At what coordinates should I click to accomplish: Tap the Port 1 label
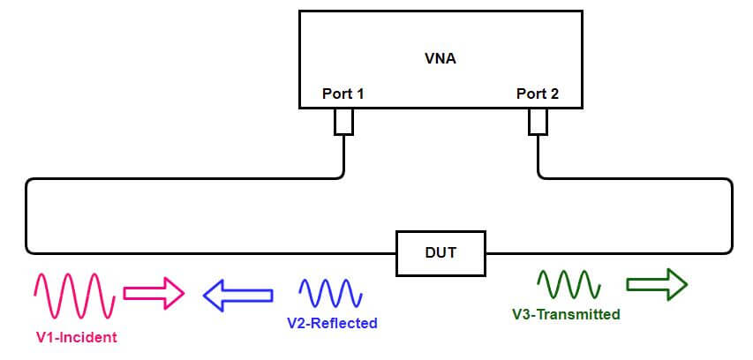[x=342, y=93]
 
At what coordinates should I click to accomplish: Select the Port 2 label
[x=537, y=93]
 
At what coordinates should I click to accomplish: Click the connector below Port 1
[x=343, y=122]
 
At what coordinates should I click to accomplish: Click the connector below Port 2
[x=538, y=122]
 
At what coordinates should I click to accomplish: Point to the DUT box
[x=440, y=253]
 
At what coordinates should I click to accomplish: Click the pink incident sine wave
[x=75, y=296]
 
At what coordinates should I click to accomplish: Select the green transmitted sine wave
[x=569, y=284]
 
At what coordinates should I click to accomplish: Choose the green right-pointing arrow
[x=656, y=284]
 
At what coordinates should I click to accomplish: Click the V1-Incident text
[x=76, y=337]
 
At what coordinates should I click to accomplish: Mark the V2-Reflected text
[x=332, y=324]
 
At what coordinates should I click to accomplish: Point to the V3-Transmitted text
[x=566, y=314]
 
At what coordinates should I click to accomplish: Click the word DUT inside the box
[x=440, y=253]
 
